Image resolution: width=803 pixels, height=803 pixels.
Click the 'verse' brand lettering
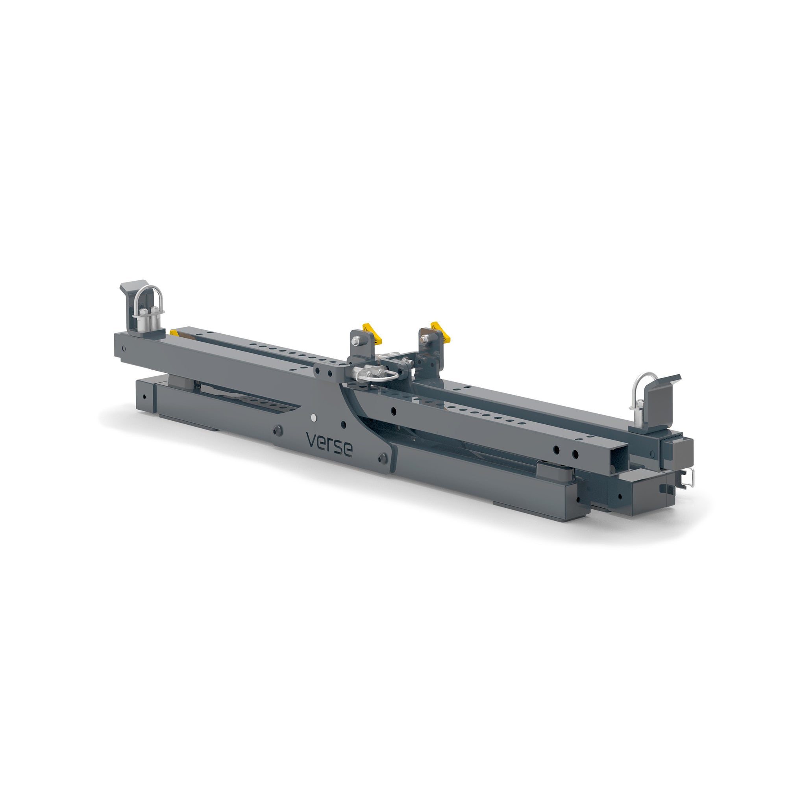(329, 444)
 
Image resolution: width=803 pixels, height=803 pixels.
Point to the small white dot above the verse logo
(313, 416)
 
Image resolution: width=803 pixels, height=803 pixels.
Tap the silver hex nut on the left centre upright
(356, 341)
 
